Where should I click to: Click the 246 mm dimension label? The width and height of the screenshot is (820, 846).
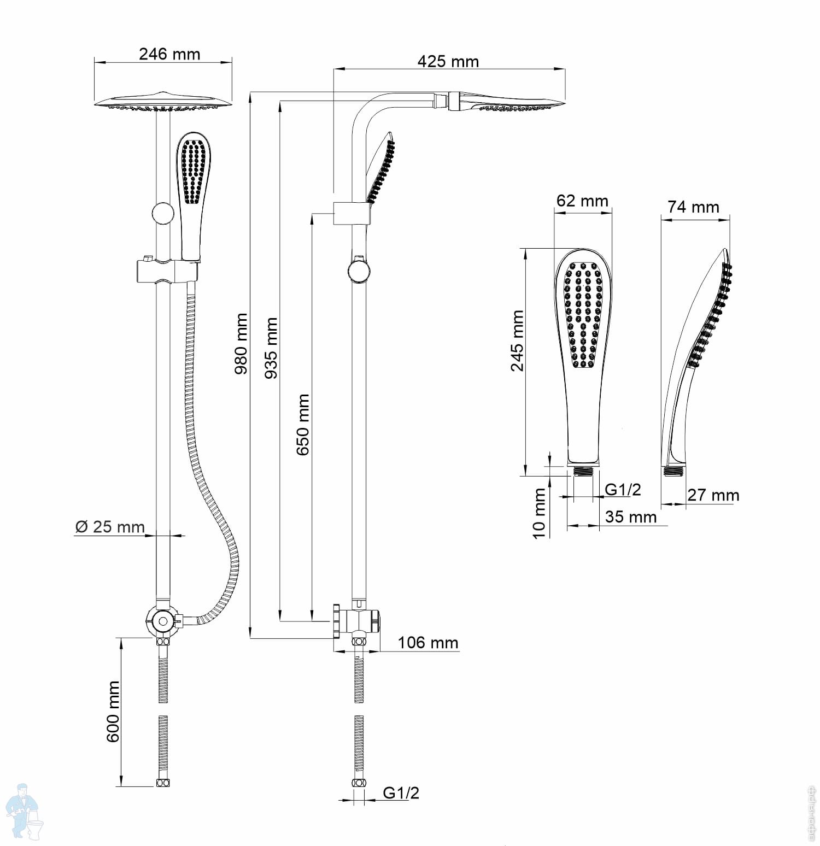(169, 54)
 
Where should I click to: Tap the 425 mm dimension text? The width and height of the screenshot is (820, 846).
(448, 61)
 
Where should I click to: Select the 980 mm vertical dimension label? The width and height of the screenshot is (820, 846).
(241, 343)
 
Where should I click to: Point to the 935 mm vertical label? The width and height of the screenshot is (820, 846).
(271, 348)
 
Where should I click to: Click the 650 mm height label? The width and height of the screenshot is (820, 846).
(302, 425)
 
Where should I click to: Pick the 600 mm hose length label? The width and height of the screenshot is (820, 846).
(113, 711)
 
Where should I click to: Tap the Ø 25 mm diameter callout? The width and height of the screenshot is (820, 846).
(110, 527)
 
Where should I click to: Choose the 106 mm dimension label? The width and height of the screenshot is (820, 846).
(427, 642)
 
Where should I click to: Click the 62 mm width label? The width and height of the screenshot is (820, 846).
(582, 201)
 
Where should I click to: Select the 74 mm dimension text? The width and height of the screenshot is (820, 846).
(693, 207)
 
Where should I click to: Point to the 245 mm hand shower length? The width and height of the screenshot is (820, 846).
(517, 340)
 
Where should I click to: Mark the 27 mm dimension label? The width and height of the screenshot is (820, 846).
(713, 495)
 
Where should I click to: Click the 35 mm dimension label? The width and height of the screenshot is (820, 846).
(631, 516)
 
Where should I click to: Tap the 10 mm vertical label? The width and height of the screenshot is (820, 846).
(539, 513)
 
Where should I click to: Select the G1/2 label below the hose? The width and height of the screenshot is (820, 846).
(401, 792)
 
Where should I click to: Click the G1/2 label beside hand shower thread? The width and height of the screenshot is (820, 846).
(623, 489)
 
